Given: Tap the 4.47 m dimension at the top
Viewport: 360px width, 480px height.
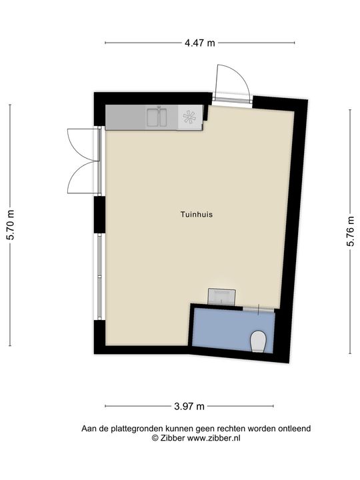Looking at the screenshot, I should click(x=200, y=43).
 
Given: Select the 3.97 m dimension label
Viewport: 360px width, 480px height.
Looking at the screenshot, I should click(x=189, y=406).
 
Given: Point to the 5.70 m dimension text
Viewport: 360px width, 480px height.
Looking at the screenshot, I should click(x=10, y=225).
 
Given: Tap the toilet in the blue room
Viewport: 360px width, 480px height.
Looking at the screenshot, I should click(x=258, y=343).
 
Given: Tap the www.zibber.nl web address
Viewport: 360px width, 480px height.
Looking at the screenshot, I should click(x=215, y=438).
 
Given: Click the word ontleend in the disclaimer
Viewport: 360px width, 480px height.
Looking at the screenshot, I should click(x=295, y=429).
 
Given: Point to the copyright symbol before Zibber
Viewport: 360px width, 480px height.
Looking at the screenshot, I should click(x=155, y=438).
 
